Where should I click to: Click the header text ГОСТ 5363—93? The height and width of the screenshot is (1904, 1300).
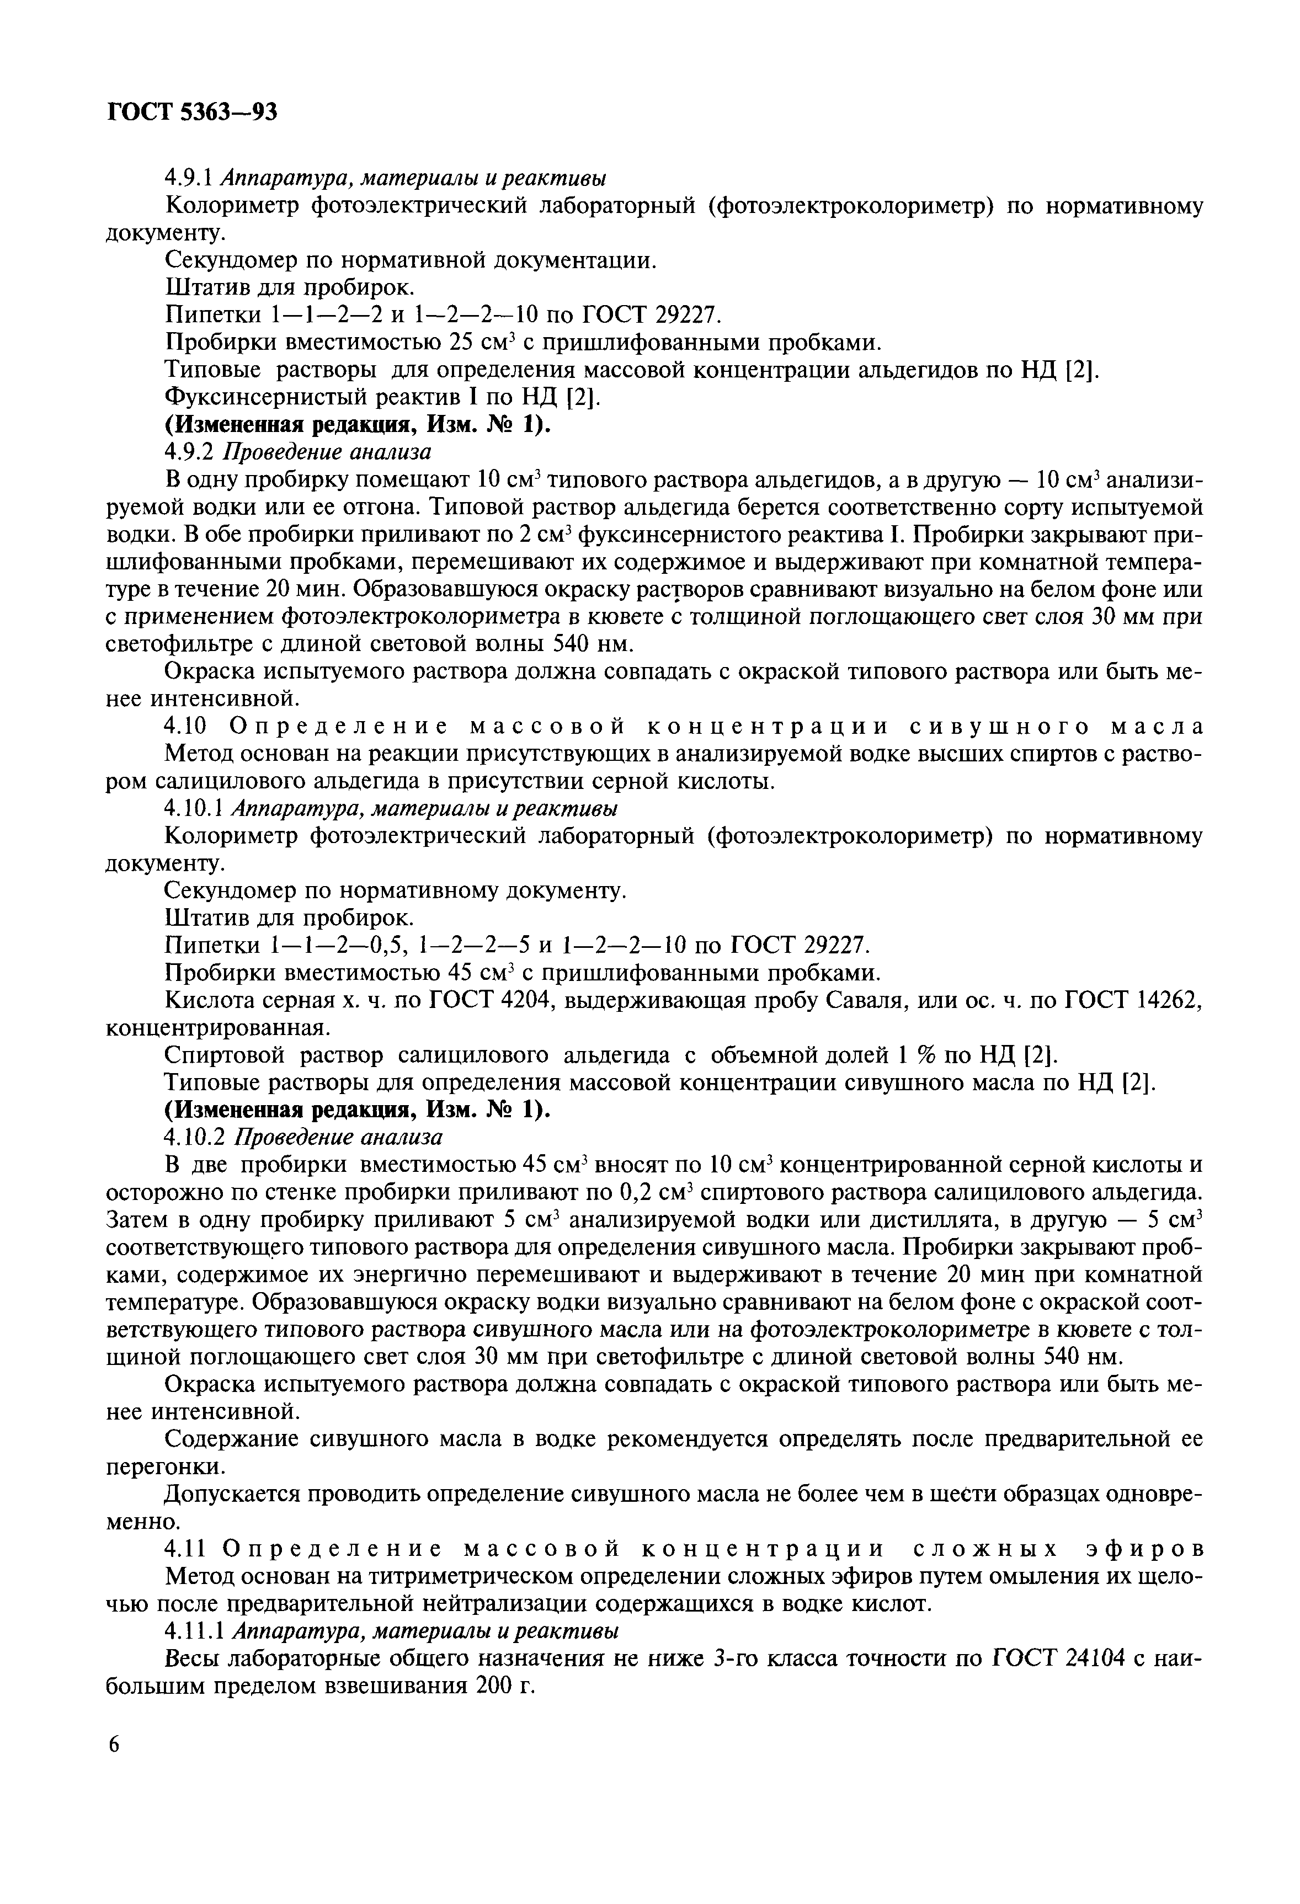click(193, 112)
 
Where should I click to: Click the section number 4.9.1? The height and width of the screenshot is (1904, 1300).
click(189, 178)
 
